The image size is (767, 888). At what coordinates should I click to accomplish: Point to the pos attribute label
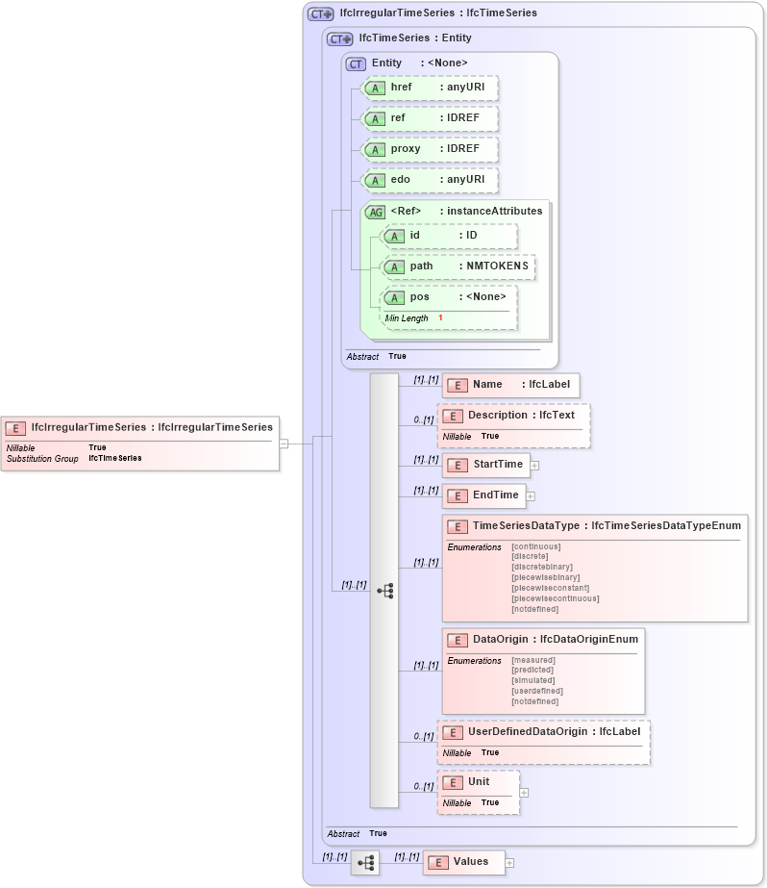419,297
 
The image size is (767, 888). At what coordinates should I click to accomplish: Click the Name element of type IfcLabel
511,385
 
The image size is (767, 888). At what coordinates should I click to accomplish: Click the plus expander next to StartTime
534,466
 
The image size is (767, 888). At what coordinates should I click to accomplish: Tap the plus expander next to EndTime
530,496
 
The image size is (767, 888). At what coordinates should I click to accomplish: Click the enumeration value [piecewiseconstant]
550,588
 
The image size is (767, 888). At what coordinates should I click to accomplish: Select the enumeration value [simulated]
533,681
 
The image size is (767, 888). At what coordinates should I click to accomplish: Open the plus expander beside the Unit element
524,793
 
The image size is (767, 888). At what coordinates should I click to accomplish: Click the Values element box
464,863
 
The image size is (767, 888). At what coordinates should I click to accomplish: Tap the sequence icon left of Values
365,863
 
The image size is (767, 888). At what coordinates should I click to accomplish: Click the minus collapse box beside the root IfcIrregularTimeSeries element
284,444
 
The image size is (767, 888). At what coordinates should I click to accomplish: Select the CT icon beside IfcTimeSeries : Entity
340,39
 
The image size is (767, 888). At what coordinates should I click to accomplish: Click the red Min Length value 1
440,318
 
